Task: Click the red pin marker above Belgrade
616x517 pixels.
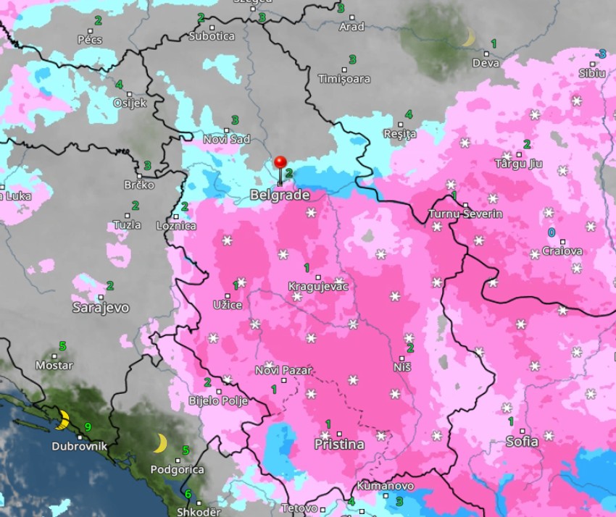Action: [280, 163]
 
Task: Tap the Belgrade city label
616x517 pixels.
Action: [280, 196]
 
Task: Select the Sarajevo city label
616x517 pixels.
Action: [101, 308]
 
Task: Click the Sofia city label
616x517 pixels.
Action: [522, 441]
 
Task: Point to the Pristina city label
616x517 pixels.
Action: [338, 445]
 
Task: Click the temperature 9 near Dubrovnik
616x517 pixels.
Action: [87, 427]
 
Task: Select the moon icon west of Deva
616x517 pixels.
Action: [468, 38]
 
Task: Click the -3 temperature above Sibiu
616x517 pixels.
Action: [600, 54]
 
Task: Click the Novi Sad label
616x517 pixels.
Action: [226, 139]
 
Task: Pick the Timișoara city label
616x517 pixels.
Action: [344, 79]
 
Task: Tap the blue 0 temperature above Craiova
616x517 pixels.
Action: [552, 232]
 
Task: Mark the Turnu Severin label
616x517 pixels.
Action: [465, 214]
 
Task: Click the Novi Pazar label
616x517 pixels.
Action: [283, 371]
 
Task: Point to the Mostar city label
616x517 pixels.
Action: [54, 365]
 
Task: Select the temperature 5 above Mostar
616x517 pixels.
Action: [62, 346]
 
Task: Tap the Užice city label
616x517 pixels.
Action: [228, 306]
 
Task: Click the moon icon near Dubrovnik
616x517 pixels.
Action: [63, 419]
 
